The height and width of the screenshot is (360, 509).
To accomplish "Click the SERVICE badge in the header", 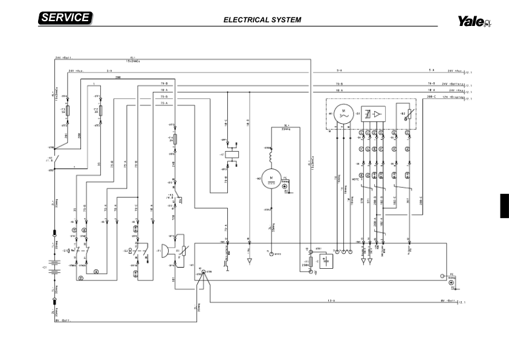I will (x=65, y=18).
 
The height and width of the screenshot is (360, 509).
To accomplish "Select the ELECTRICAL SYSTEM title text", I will (x=262, y=19).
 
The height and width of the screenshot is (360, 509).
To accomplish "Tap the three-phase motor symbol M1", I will (x=343, y=114).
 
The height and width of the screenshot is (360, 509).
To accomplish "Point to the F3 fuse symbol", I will (x=67, y=111).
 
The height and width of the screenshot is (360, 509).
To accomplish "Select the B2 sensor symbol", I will (x=409, y=114).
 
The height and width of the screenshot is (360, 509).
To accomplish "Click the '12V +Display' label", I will (x=452, y=97).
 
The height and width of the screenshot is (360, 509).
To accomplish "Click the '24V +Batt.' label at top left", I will (x=63, y=58).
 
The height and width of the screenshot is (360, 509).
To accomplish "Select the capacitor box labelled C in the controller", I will (x=327, y=260).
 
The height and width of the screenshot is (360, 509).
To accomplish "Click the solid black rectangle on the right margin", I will (x=505, y=207).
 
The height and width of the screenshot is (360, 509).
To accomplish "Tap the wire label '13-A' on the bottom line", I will (x=331, y=300).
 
